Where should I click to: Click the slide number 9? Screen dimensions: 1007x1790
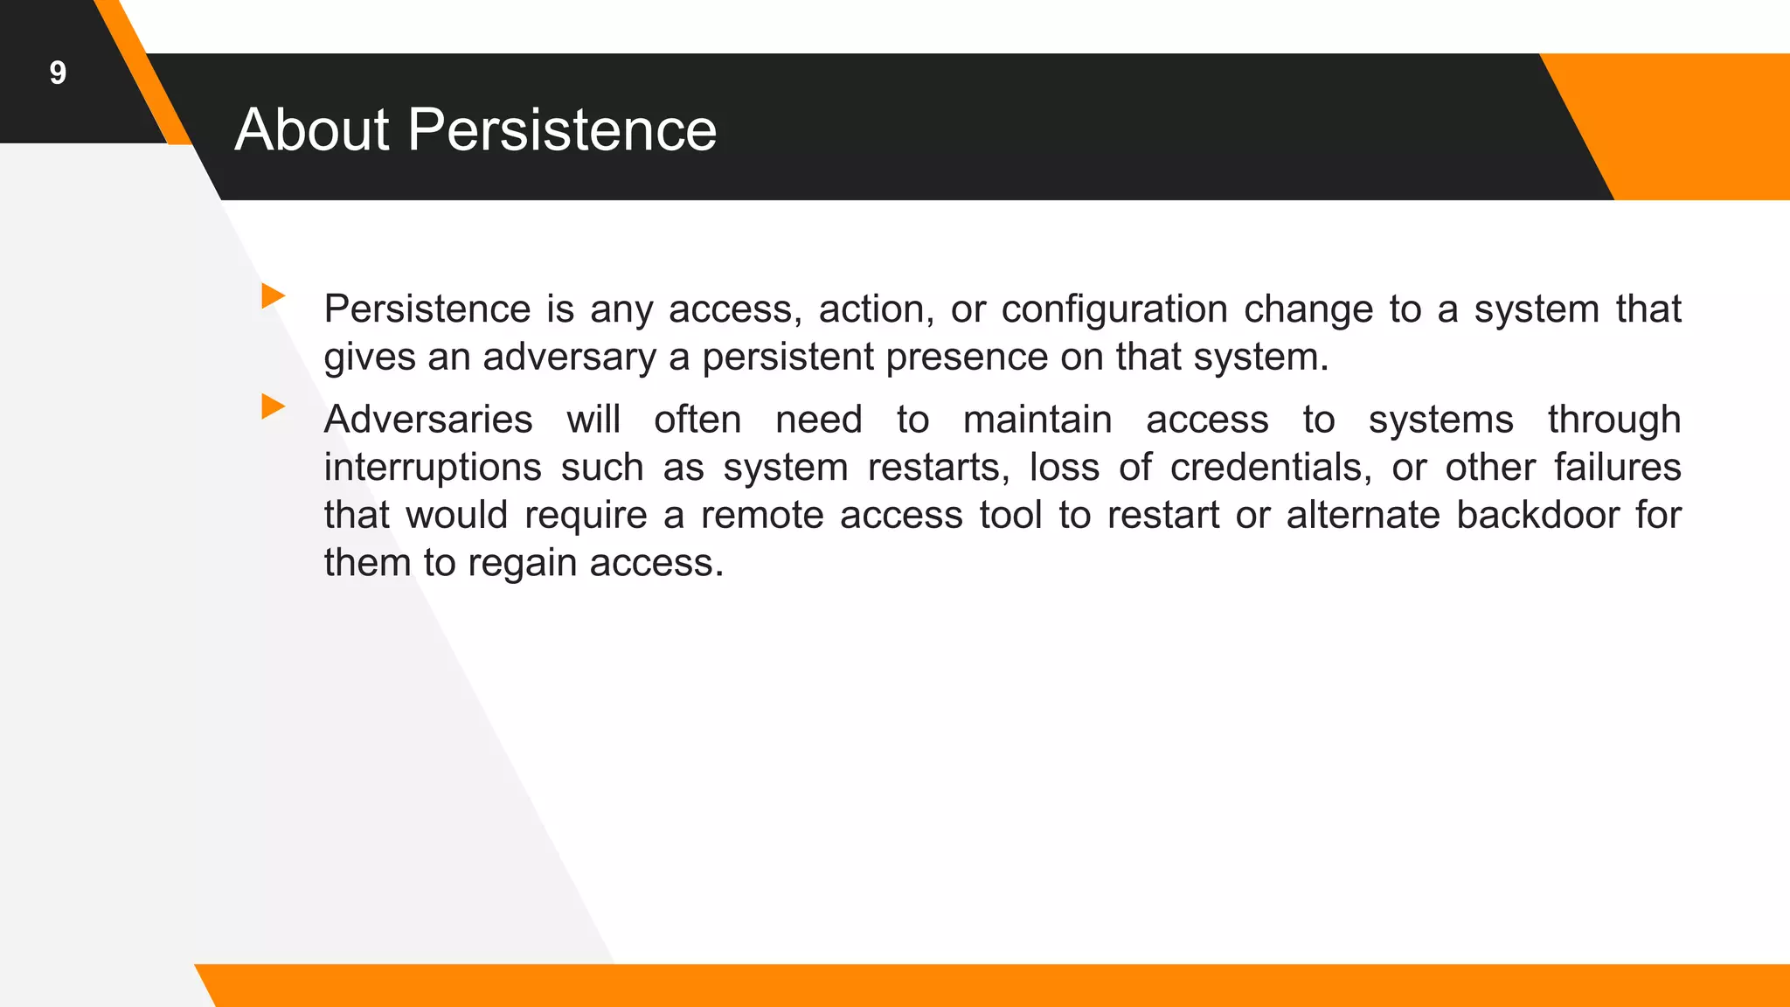pos(58,73)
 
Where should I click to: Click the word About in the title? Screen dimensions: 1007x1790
pos(312,130)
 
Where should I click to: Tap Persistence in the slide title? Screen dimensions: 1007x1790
pos(562,130)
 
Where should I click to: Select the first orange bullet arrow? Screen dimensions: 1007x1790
pos(274,295)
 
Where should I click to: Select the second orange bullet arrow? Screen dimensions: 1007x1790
pos(274,406)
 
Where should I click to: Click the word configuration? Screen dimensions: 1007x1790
pos(1114,309)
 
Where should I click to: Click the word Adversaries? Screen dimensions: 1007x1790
pos(428,420)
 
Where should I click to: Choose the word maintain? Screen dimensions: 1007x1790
pos(1037,420)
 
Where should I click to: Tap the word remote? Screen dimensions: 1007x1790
pos(762,515)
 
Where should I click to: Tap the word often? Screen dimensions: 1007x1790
pos(697,420)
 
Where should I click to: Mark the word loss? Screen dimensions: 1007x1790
pos(1064,467)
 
